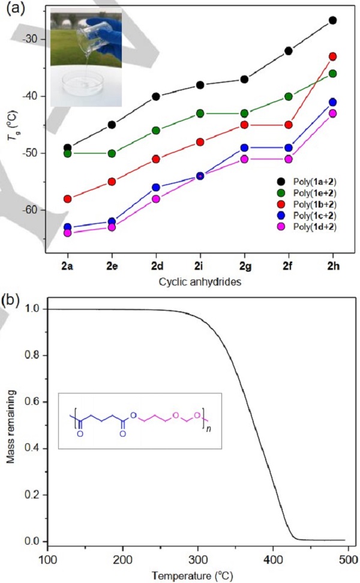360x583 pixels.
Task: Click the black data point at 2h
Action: (332, 20)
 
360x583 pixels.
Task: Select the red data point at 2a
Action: (67, 199)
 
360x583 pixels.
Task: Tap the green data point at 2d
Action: (155, 130)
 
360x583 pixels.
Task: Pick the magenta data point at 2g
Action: (244, 159)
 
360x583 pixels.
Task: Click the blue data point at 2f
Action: (289, 148)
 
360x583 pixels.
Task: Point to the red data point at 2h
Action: (332, 56)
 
